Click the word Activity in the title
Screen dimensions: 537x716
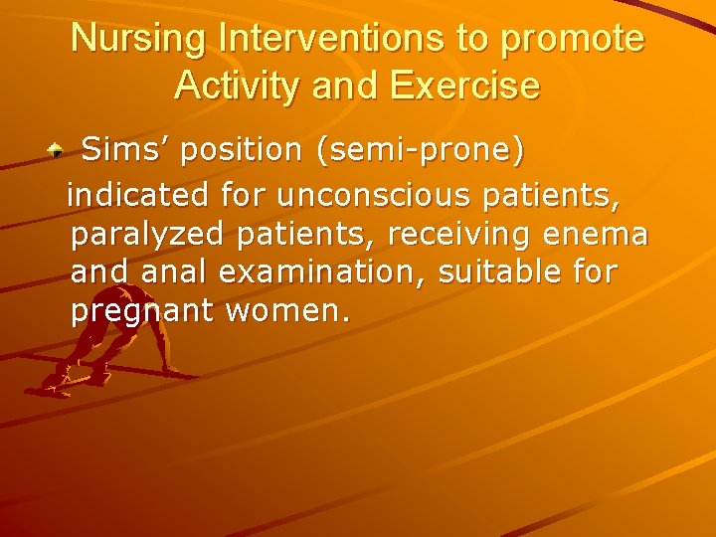pyautogui.click(x=234, y=86)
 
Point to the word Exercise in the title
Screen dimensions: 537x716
pyautogui.click(x=464, y=86)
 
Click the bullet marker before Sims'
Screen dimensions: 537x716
pyautogui.click(x=59, y=152)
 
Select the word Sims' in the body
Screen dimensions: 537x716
pyautogui.click(x=113, y=150)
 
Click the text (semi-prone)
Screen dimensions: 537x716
pyautogui.click(x=420, y=151)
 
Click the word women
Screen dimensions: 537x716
pyautogui.click(x=288, y=310)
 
